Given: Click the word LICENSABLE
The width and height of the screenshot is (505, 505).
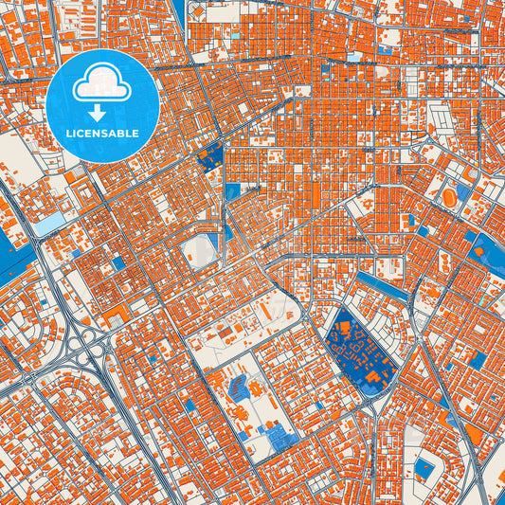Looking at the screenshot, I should point(102,134).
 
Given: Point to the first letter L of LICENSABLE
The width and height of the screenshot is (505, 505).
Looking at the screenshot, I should point(69,134).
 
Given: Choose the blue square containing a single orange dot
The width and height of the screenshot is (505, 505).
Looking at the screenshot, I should point(425,470).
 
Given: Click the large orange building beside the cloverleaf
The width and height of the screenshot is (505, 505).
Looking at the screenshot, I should point(116,313).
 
